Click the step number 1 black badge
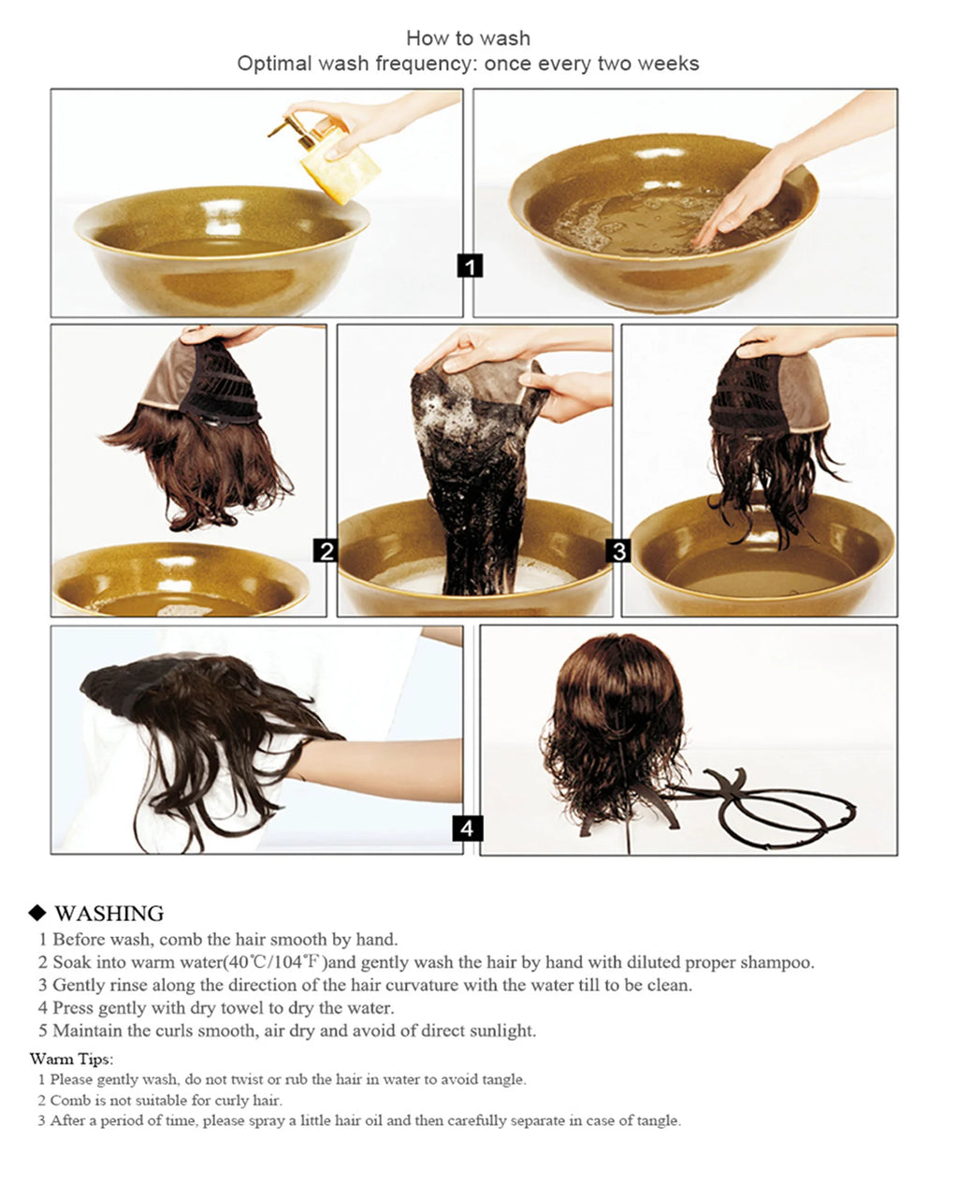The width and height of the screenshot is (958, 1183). click(x=470, y=266)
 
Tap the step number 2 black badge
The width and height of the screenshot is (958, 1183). click(x=326, y=551)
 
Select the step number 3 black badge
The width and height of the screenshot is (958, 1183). click(x=618, y=551)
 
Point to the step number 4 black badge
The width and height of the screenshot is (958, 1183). click(x=468, y=828)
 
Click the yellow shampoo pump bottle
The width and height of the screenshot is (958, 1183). click(x=339, y=165)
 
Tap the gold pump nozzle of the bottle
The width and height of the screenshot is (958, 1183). click(x=281, y=128)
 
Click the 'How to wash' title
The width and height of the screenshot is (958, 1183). click(x=468, y=38)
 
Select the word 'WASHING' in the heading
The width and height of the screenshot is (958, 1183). click(x=109, y=914)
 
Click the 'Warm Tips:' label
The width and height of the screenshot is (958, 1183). click(x=71, y=1060)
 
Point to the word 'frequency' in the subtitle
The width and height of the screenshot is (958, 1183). click(x=426, y=64)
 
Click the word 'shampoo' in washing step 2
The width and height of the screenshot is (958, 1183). click(x=776, y=962)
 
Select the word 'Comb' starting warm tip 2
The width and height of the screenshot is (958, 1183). click(x=67, y=1100)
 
